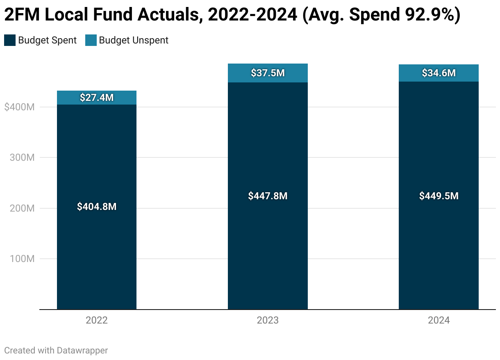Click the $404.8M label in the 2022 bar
[x=97, y=207]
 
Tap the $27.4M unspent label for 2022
[x=97, y=98]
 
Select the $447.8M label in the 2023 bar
[x=268, y=196]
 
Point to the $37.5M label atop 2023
[x=268, y=73]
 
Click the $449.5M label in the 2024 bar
[x=439, y=196]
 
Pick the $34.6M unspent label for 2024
[x=439, y=73]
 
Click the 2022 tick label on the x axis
[x=97, y=321]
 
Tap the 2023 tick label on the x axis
[x=268, y=321]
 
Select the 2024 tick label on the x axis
[x=439, y=321]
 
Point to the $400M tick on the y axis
[x=19, y=107]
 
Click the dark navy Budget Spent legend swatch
[x=10, y=40]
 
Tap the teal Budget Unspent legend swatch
[x=91, y=40]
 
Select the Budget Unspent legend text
[x=134, y=40]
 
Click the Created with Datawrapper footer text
[x=56, y=351]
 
